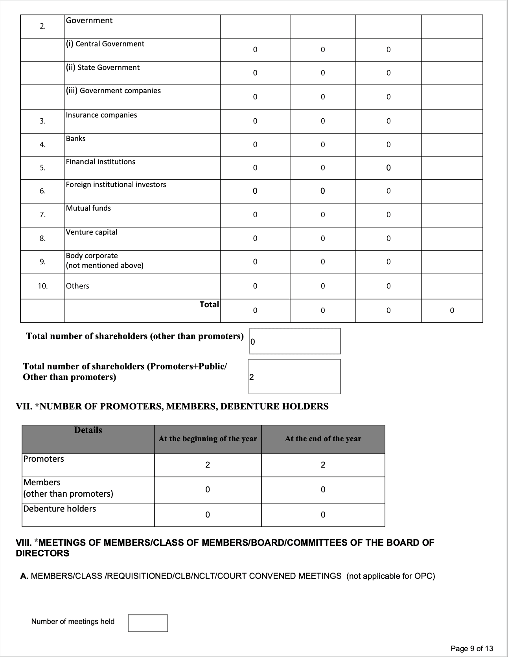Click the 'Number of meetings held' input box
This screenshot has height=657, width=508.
tap(147, 623)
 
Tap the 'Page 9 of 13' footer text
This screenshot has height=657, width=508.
tap(471, 648)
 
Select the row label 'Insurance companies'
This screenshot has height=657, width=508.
tap(101, 115)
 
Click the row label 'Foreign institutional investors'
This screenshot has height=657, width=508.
tap(116, 185)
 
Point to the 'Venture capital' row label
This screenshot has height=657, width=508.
tap(92, 232)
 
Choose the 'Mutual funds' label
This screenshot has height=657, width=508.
tap(88, 208)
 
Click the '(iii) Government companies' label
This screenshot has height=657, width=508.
tap(113, 91)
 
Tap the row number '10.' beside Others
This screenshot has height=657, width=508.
tap(42, 286)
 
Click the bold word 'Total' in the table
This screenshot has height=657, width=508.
tap(209, 305)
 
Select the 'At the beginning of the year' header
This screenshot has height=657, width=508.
tap(208, 439)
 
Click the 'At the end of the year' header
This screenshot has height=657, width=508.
tap(323, 439)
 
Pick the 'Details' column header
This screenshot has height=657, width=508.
tap(88, 430)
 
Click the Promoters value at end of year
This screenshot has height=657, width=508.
tap(323, 465)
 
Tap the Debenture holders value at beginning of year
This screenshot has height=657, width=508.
tap(208, 515)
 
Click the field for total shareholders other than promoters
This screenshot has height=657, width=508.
tap(294, 341)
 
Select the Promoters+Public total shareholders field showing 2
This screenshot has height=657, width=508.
tap(294, 376)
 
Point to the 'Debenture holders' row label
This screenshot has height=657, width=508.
tap(60, 509)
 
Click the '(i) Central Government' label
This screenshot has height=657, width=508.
tap(105, 44)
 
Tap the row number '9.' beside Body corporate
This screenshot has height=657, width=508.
tap(42, 262)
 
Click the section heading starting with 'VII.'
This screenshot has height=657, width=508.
tap(172, 406)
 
